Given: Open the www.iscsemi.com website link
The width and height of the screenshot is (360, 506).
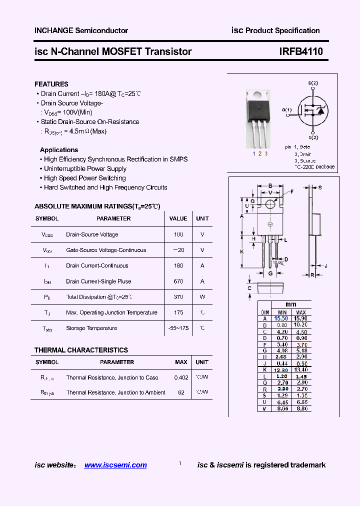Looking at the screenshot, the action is click(x=115, y=465).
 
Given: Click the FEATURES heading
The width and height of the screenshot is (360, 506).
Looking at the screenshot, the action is click(x=51, y=84).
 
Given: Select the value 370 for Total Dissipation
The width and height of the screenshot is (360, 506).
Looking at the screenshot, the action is click(x=178, y=297).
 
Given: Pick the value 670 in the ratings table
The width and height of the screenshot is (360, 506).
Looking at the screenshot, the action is click(x=178, y=281).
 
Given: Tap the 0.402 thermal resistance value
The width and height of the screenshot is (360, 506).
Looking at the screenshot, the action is click(x=181, y=377).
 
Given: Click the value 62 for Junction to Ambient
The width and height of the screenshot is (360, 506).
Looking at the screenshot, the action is click(x=181, y=392).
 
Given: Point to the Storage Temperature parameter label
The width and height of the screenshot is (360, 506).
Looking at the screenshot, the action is click(x=91, y=328).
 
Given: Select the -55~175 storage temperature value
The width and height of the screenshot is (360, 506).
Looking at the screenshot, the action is click(x=178, y=328).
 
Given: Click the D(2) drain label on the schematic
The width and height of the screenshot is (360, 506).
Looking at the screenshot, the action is click(x=313, y=83).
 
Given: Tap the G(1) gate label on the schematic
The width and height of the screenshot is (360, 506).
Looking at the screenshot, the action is click(x=286, y=109).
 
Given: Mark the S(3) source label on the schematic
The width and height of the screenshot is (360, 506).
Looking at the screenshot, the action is click(x=313, y=137).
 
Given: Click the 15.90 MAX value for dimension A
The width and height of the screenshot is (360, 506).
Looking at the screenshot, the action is click(x=300, y=318).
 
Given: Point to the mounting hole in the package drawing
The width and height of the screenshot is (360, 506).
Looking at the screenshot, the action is click(x=270, y=204).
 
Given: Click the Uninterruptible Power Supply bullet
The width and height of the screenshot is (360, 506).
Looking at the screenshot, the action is click(x=85, y=169).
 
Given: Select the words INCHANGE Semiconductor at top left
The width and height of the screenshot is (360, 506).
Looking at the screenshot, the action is click(x=81, y=30).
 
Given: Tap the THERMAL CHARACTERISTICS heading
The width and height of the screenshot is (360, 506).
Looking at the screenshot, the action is click(x=81, y=350).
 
